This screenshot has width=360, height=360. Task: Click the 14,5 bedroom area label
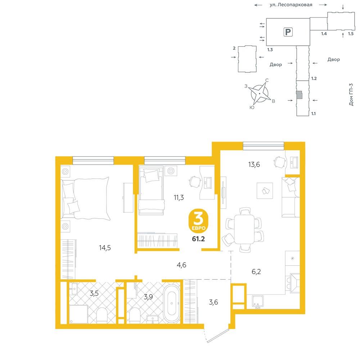click(105, 248)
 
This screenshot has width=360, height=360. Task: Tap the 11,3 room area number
click(179, 197)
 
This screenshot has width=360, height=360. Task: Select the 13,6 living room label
click(254, 165)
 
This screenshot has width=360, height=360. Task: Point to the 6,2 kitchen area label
click(256, 271)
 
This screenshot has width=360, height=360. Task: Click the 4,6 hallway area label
click(181, 265)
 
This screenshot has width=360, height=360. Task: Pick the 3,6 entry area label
click(213, 302)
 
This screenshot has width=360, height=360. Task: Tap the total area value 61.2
click(198, 239)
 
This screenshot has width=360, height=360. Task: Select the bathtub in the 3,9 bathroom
click(172, 303)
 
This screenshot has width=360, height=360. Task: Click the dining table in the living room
click(244, 229)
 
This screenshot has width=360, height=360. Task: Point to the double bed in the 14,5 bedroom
click(85, 198)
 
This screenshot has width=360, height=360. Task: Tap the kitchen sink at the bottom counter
click(258, 302)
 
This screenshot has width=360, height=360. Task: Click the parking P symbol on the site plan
click(288, 32)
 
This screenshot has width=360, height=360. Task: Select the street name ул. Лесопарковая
click(291, 5)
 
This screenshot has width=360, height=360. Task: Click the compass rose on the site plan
click(260, 94)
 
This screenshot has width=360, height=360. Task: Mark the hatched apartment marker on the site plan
click(299, 94)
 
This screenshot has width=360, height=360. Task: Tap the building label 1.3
click(270, 50)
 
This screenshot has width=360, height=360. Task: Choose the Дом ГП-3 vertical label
click(351, 94)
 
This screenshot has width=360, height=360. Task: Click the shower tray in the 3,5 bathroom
click(78, 314)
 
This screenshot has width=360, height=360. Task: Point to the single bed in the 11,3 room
click(152, 190)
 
